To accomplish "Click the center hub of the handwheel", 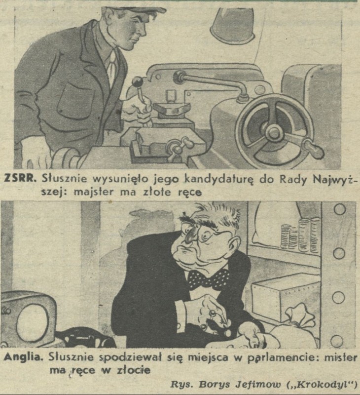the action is (x=274, y=132).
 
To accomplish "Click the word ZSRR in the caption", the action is (x=20, y=178).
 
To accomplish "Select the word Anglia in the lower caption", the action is (x=23, y=357).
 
